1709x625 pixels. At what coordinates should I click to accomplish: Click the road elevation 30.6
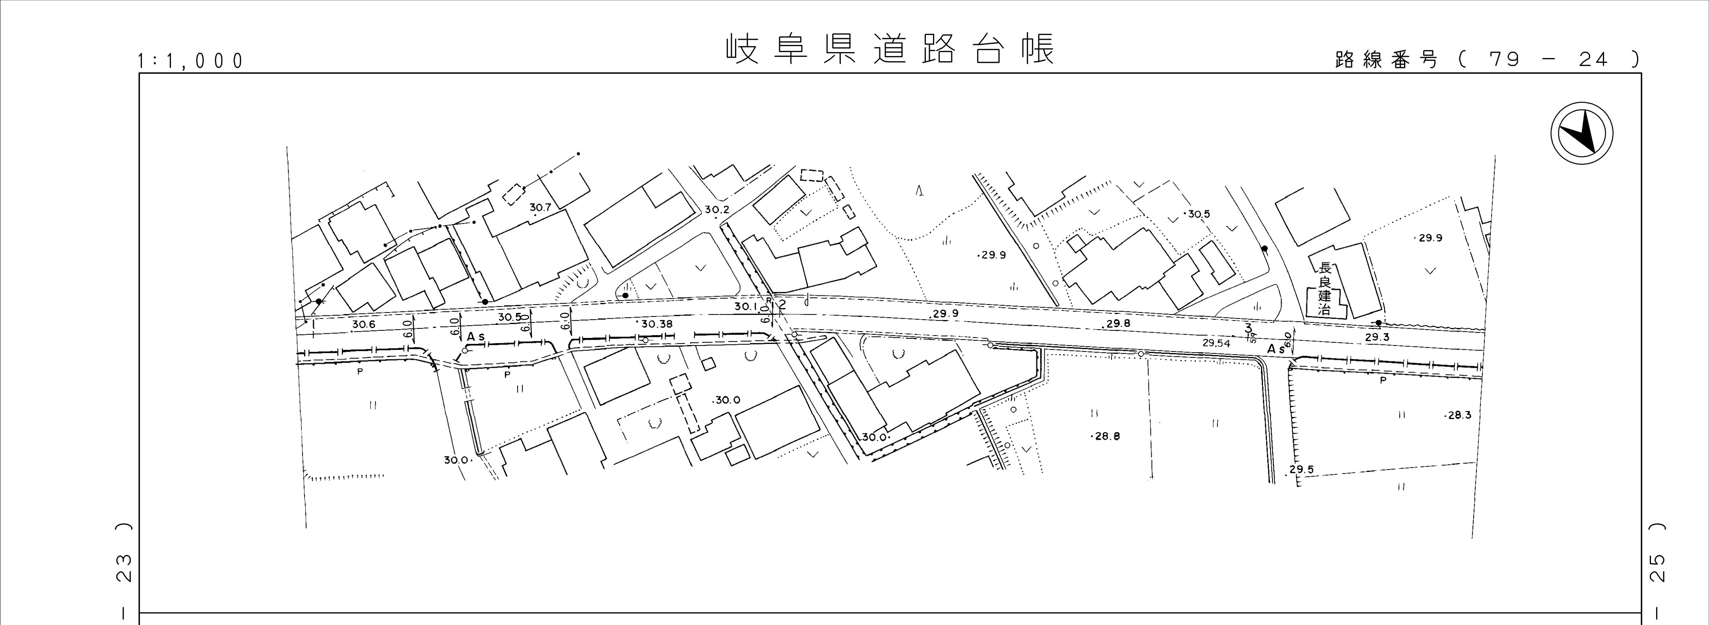[364, 324]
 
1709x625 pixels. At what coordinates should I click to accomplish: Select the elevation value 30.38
[656, 324]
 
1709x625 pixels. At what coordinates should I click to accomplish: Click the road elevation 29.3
[1377, 337]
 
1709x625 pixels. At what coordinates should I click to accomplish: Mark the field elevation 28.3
[1459, 415]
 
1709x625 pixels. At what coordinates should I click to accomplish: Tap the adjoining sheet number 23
[124, 568]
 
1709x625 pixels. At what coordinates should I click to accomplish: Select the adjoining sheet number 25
[1657, 568]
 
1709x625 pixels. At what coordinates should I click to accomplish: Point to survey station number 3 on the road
[1248, 328]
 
